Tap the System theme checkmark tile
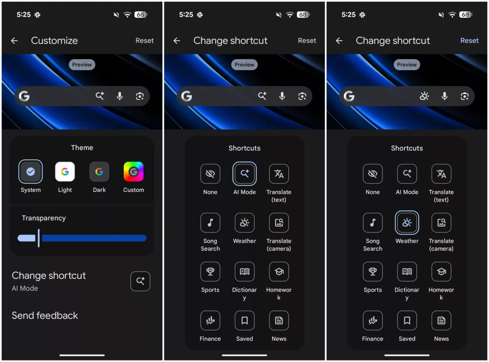(x=31, y=172)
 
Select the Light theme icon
(x=65, y=172)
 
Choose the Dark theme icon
(x=99, y=172)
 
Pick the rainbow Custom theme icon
(x=134, y=172)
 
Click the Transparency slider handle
(x=39, y=238)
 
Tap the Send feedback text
(x=45, y=316)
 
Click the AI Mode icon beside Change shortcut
(x=140, y=281)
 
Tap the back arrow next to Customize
(x=14, y=41)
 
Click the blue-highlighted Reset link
(x=469, y=41)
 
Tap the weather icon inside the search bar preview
(x=424, y=96)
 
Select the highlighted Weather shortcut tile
(x=407, y=223)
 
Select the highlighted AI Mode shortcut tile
(x=244, y=174)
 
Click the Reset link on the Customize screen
(x=144, y=41)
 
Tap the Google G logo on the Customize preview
(x=24, y=96)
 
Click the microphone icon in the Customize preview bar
(x=120, y=96)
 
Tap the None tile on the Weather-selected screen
(x=372, y=174)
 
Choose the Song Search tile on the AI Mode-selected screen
(x=210, y=223)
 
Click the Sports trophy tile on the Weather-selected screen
(x=372, y=272)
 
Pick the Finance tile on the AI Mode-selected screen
(x=210, y=320)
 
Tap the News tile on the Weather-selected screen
(x=441, y=320)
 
